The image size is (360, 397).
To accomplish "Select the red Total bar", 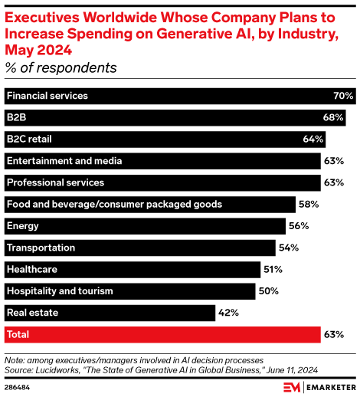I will pyautogui.click(x=162, y=335).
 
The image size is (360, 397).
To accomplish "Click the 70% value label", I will pyautogui.click(x=343, y=97).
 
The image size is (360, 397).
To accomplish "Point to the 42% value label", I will pyautogui.click(x=230, y=313).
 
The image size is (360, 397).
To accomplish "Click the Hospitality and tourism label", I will pyautogui.click(x=59, y=291).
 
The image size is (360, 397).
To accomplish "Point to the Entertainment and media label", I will pyautogui.click(x=64, y=161).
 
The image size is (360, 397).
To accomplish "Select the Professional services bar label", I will pyautogui.click(x=54, y=182).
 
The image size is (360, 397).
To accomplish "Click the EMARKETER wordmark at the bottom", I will pyautogui.click(x=327, y=386).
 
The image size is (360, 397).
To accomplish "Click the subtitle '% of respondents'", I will pyautogui.click(x=61, y=68).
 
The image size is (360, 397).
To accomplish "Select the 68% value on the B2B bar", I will pyautogui.click(x=332, y=118).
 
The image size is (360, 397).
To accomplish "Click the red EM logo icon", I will pyautogui.click(x=292, y=386).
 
